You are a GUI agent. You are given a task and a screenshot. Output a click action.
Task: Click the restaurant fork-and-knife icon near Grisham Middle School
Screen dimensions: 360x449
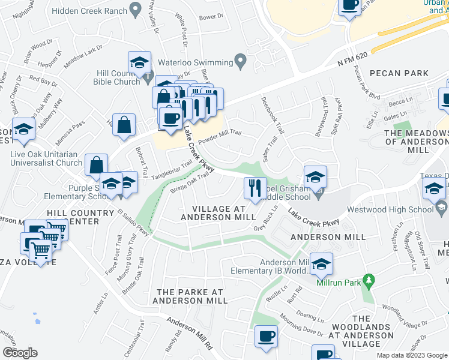[255, 188]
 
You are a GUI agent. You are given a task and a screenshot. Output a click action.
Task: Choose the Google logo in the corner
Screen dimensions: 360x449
[20, 353]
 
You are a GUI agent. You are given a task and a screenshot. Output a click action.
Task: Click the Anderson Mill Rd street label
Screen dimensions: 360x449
[190, 337]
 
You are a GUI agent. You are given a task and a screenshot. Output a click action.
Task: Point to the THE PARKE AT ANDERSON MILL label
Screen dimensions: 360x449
[191, 296]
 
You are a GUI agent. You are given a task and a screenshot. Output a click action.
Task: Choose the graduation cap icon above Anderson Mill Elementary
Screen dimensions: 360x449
[321, 264]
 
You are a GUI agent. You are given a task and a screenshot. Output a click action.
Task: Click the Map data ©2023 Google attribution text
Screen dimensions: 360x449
[411, 355]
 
